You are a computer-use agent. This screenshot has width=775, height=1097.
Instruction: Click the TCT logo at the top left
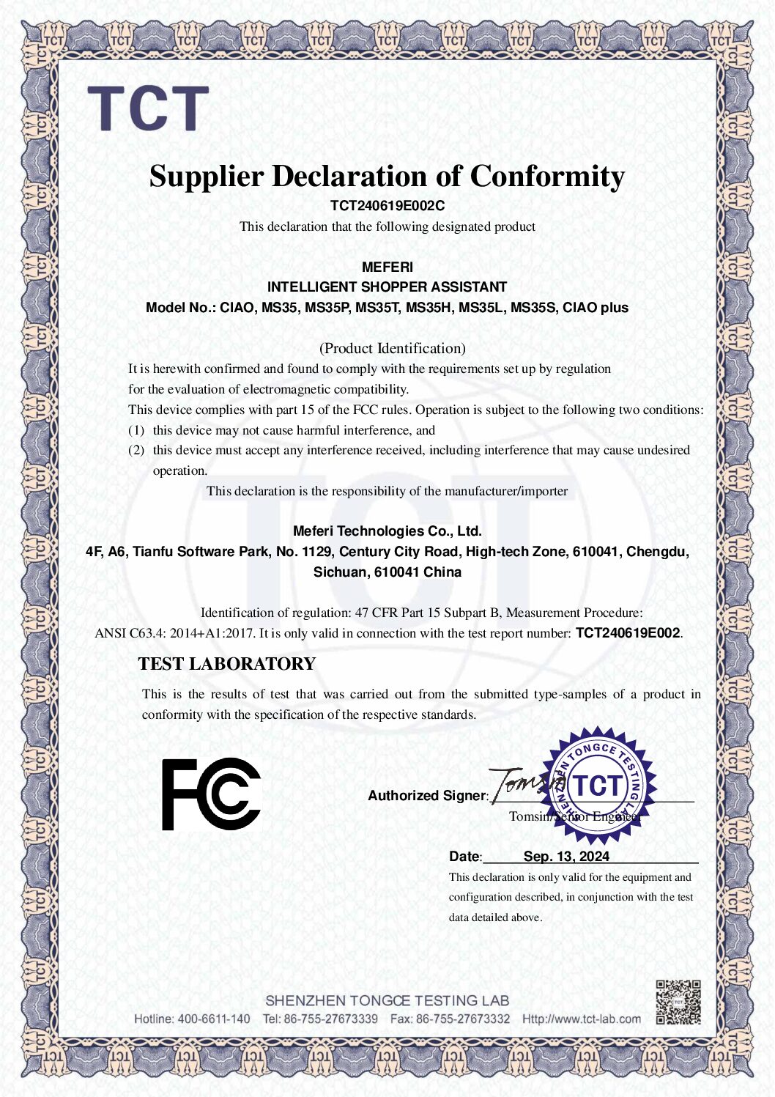(x=148, y=108)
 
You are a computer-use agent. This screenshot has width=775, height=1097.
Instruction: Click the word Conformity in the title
(x=547, y=177)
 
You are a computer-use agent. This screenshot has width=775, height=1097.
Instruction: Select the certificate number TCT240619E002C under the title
(x=387, y=206)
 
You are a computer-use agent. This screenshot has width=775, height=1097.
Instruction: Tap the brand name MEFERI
(x=387, y=267)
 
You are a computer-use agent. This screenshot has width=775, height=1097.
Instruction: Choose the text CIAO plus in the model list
(x=595, y=308)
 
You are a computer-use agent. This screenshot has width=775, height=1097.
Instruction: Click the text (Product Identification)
(x=392, y=348)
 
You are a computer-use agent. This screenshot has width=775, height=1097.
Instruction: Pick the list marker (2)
(x=136, y=450)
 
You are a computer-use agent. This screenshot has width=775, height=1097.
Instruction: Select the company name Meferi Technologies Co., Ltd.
(x=387, y=531)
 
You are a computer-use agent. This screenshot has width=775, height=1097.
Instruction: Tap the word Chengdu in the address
(x=657, y=552)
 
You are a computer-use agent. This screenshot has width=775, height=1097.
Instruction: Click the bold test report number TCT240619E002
(x=628, y=633)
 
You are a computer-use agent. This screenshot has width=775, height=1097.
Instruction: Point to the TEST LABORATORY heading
(x=226, y=664)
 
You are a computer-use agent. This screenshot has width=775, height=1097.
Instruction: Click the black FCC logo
(x=211, y=794)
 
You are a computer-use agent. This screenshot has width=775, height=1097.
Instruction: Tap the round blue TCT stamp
(x=598, y=785)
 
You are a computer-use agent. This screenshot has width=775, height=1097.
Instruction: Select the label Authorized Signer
(x=427, y=796)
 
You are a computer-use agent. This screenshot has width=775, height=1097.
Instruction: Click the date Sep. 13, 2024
(x=566, y=857)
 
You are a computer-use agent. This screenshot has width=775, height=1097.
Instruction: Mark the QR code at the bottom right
(x=678, y=1002)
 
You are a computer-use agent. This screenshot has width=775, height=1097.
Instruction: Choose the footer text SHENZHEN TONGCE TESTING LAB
(x=387, y=1000)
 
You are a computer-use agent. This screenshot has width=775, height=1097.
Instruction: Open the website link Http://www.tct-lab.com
(x=581, y=1019)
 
